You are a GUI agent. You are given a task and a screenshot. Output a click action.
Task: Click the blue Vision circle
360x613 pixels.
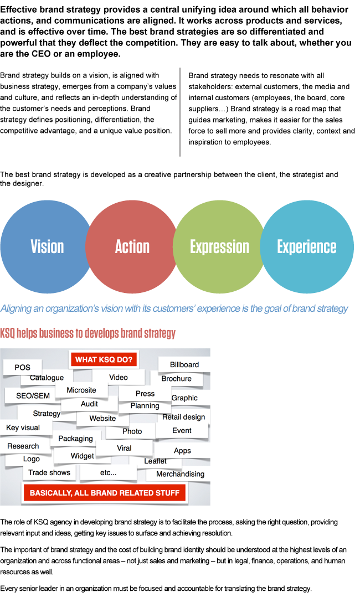(47, 246)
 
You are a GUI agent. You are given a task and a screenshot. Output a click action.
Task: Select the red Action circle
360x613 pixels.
(132, 246)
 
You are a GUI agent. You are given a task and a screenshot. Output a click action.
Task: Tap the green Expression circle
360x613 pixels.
(219, 246)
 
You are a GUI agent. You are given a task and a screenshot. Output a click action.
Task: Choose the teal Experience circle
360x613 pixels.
(306, 246)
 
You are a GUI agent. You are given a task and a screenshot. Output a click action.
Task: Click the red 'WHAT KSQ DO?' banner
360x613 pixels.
(104, 359)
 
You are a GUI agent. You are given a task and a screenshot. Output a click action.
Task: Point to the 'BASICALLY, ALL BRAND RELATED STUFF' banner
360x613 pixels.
(105, 492)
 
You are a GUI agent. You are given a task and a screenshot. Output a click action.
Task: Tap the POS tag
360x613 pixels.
(23, 367)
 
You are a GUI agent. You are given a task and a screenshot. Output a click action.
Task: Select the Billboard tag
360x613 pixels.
(184, 364)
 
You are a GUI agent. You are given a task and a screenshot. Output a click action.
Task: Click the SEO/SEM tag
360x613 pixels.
(33, 396)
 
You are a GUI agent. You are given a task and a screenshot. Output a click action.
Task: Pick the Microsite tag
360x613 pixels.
(81, 390)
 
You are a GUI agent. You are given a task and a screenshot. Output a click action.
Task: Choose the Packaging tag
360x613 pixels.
(75, 439)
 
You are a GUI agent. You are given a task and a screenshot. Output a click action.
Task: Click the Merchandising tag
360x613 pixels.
(180, 474)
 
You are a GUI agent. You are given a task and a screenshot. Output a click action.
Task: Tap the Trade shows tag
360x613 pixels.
(49, 472)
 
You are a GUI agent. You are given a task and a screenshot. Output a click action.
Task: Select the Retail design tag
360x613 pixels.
(183, 417)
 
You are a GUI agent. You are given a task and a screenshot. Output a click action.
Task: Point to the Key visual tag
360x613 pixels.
(23, 427)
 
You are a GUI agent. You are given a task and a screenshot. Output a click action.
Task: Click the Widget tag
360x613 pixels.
(82, 456)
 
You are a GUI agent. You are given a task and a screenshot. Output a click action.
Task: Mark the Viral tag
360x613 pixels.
(124, 448)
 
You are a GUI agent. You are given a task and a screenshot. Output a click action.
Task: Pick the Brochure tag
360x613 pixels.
(176, 379)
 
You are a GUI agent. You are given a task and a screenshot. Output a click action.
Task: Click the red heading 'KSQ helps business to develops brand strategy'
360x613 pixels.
(88, 333)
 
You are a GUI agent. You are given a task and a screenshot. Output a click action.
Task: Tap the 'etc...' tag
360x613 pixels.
(108, 472)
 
